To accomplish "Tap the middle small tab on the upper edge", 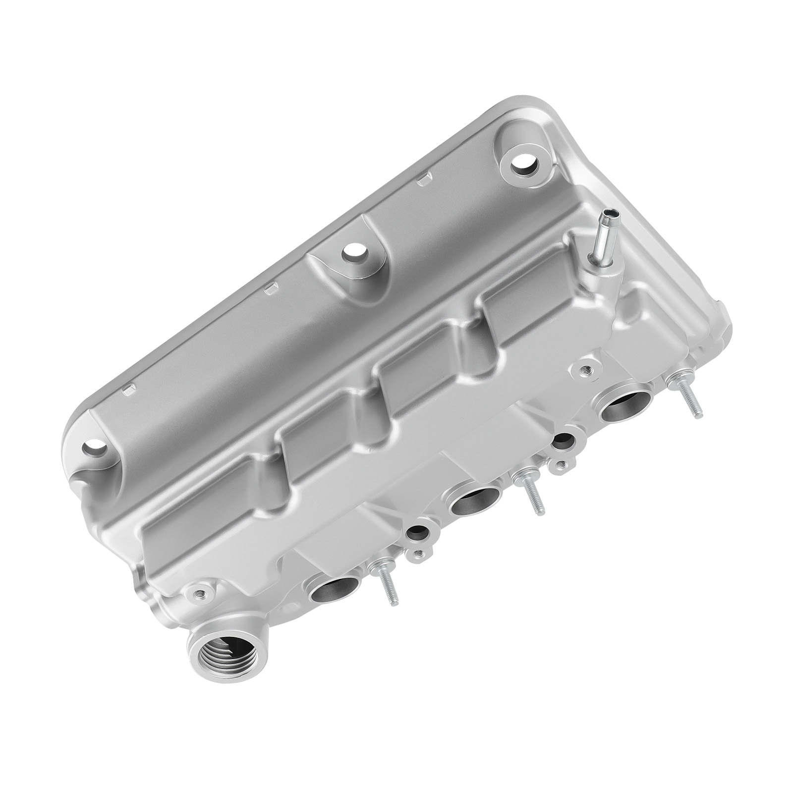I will coord(272,288).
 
